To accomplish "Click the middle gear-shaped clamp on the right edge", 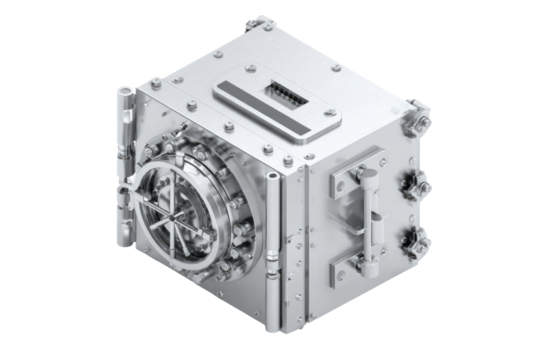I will pos(413,186).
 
